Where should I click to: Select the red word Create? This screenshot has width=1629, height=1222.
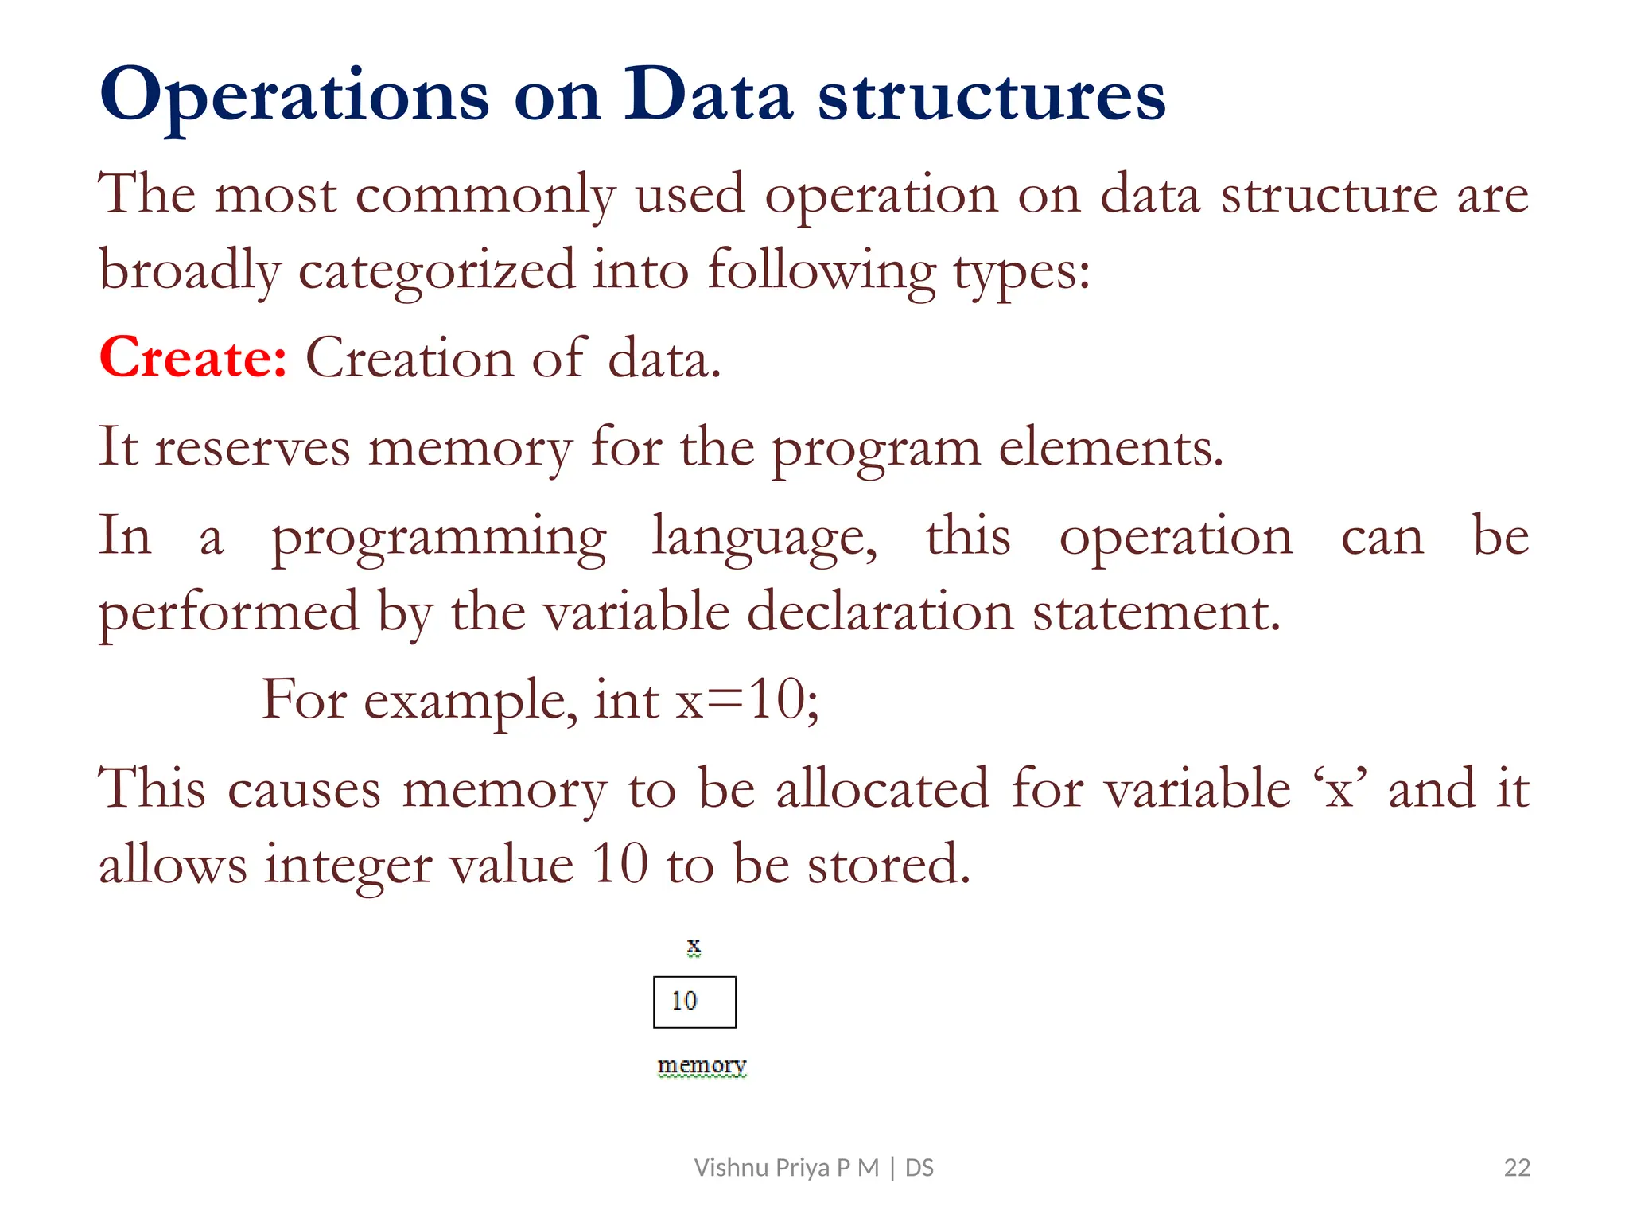pos(192,357)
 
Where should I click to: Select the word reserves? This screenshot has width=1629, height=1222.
pos(252,448)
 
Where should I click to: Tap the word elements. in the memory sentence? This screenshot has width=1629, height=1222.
pos(1110,448)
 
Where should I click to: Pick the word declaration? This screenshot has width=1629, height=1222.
pos(880,613)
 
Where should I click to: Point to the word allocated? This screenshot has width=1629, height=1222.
pos(882,789)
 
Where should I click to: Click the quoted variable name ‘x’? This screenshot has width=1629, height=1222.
pos(1340,789)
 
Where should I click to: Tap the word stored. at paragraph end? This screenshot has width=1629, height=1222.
pos(888,865)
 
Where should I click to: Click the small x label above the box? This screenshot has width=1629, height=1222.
pos(694,946)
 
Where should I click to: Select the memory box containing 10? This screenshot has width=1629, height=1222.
pos(694,1002)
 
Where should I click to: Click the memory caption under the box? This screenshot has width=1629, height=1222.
pos(702,1064)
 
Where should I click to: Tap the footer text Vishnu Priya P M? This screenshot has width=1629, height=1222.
pos(786,1167)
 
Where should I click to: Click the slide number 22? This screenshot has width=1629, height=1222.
pos(1517,1167)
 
